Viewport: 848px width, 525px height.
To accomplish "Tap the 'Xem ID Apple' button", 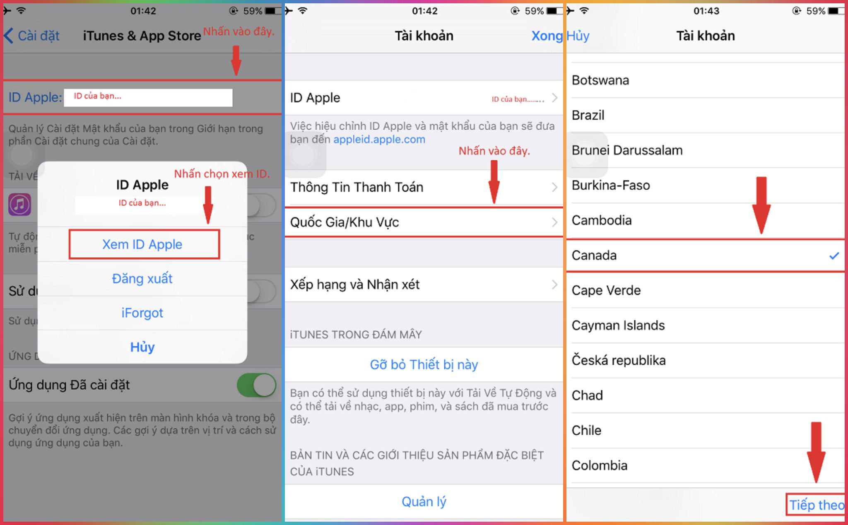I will pos(142,244).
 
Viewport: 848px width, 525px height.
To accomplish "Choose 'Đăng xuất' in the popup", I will pos(142,279).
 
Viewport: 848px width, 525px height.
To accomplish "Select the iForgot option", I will pos(142,313).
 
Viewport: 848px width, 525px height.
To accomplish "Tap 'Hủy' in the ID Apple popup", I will pos(142,347).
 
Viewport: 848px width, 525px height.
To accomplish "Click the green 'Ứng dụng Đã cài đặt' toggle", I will pos(257,385).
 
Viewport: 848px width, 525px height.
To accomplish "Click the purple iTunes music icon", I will pos(20,205).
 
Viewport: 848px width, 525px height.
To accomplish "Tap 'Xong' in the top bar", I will pos(547,36).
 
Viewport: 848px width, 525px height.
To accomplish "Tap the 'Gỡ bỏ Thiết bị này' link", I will pos(424,365).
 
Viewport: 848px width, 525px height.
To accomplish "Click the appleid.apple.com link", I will pos(379,140).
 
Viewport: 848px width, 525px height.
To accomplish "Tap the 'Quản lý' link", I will pos(424,502).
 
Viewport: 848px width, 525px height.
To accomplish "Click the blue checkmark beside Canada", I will pos(834,256).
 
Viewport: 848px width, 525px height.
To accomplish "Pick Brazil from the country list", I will pos(588,115).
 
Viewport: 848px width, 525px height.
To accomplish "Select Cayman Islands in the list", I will pos(618,325).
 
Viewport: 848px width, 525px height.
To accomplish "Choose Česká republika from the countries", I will pos(619,361).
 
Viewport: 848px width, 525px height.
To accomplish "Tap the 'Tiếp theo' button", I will pos(816,505).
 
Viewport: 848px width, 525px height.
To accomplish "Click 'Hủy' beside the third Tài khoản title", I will pos(578,36).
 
